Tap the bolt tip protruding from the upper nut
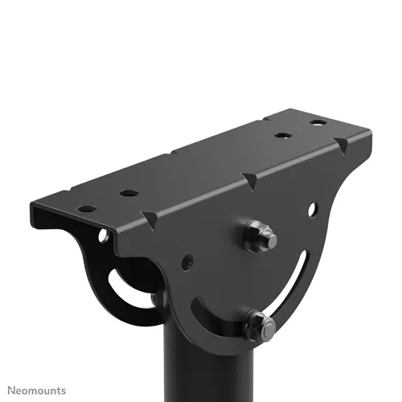269,239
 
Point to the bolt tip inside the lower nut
268,326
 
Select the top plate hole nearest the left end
87,209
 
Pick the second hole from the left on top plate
128,193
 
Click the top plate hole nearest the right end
319,123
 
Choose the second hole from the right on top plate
282,135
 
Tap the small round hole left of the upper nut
187,262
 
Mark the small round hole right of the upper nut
312,209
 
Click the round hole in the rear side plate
104,236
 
